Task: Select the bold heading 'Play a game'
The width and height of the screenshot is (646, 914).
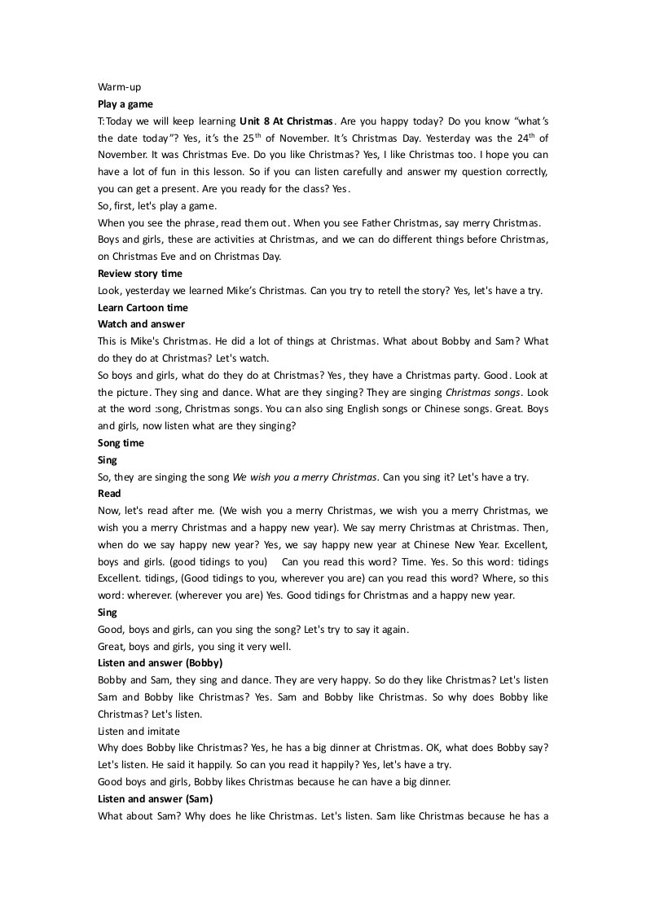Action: [125, 104]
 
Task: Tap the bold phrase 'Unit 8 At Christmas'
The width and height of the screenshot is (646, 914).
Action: [287, 121]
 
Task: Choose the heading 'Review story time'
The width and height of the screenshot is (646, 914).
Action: [140, 273]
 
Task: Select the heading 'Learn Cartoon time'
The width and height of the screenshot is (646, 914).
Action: [143, 307]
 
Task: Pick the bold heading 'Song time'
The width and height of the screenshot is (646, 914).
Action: [121, 443]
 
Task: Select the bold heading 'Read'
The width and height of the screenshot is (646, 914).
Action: [109, 494]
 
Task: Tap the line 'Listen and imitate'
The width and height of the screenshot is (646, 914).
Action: [138, 732]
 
